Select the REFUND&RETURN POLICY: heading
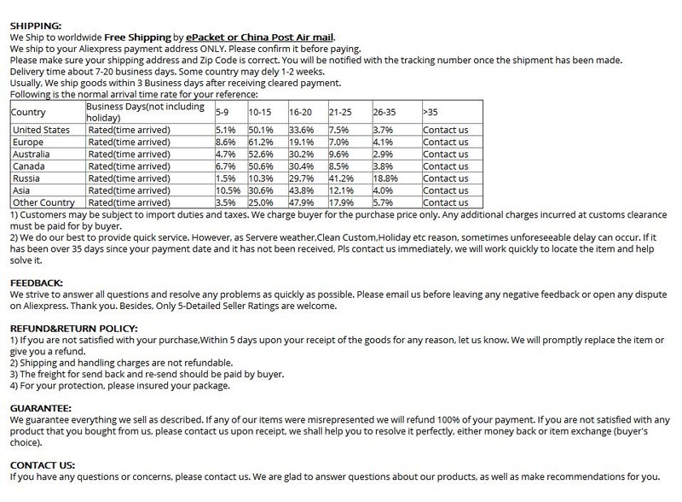(x=72, y=328)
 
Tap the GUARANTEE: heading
(x=41, y=409)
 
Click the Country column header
(x=28, y=112)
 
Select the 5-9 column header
(x=224, y=112)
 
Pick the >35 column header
(x=431, y=112)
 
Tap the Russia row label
(x=26, y=178)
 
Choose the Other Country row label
(x=43, y=203)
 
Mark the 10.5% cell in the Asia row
(x=228, y=190)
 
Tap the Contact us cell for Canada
(x=446, y=166)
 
